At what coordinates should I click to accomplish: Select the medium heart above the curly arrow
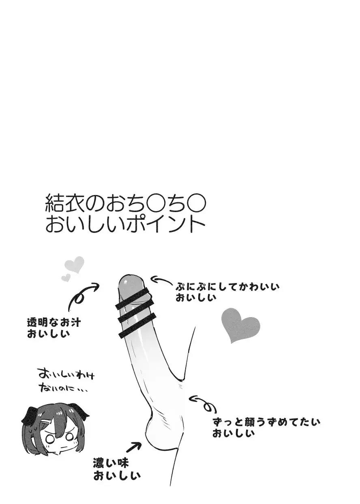point(75,265)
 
